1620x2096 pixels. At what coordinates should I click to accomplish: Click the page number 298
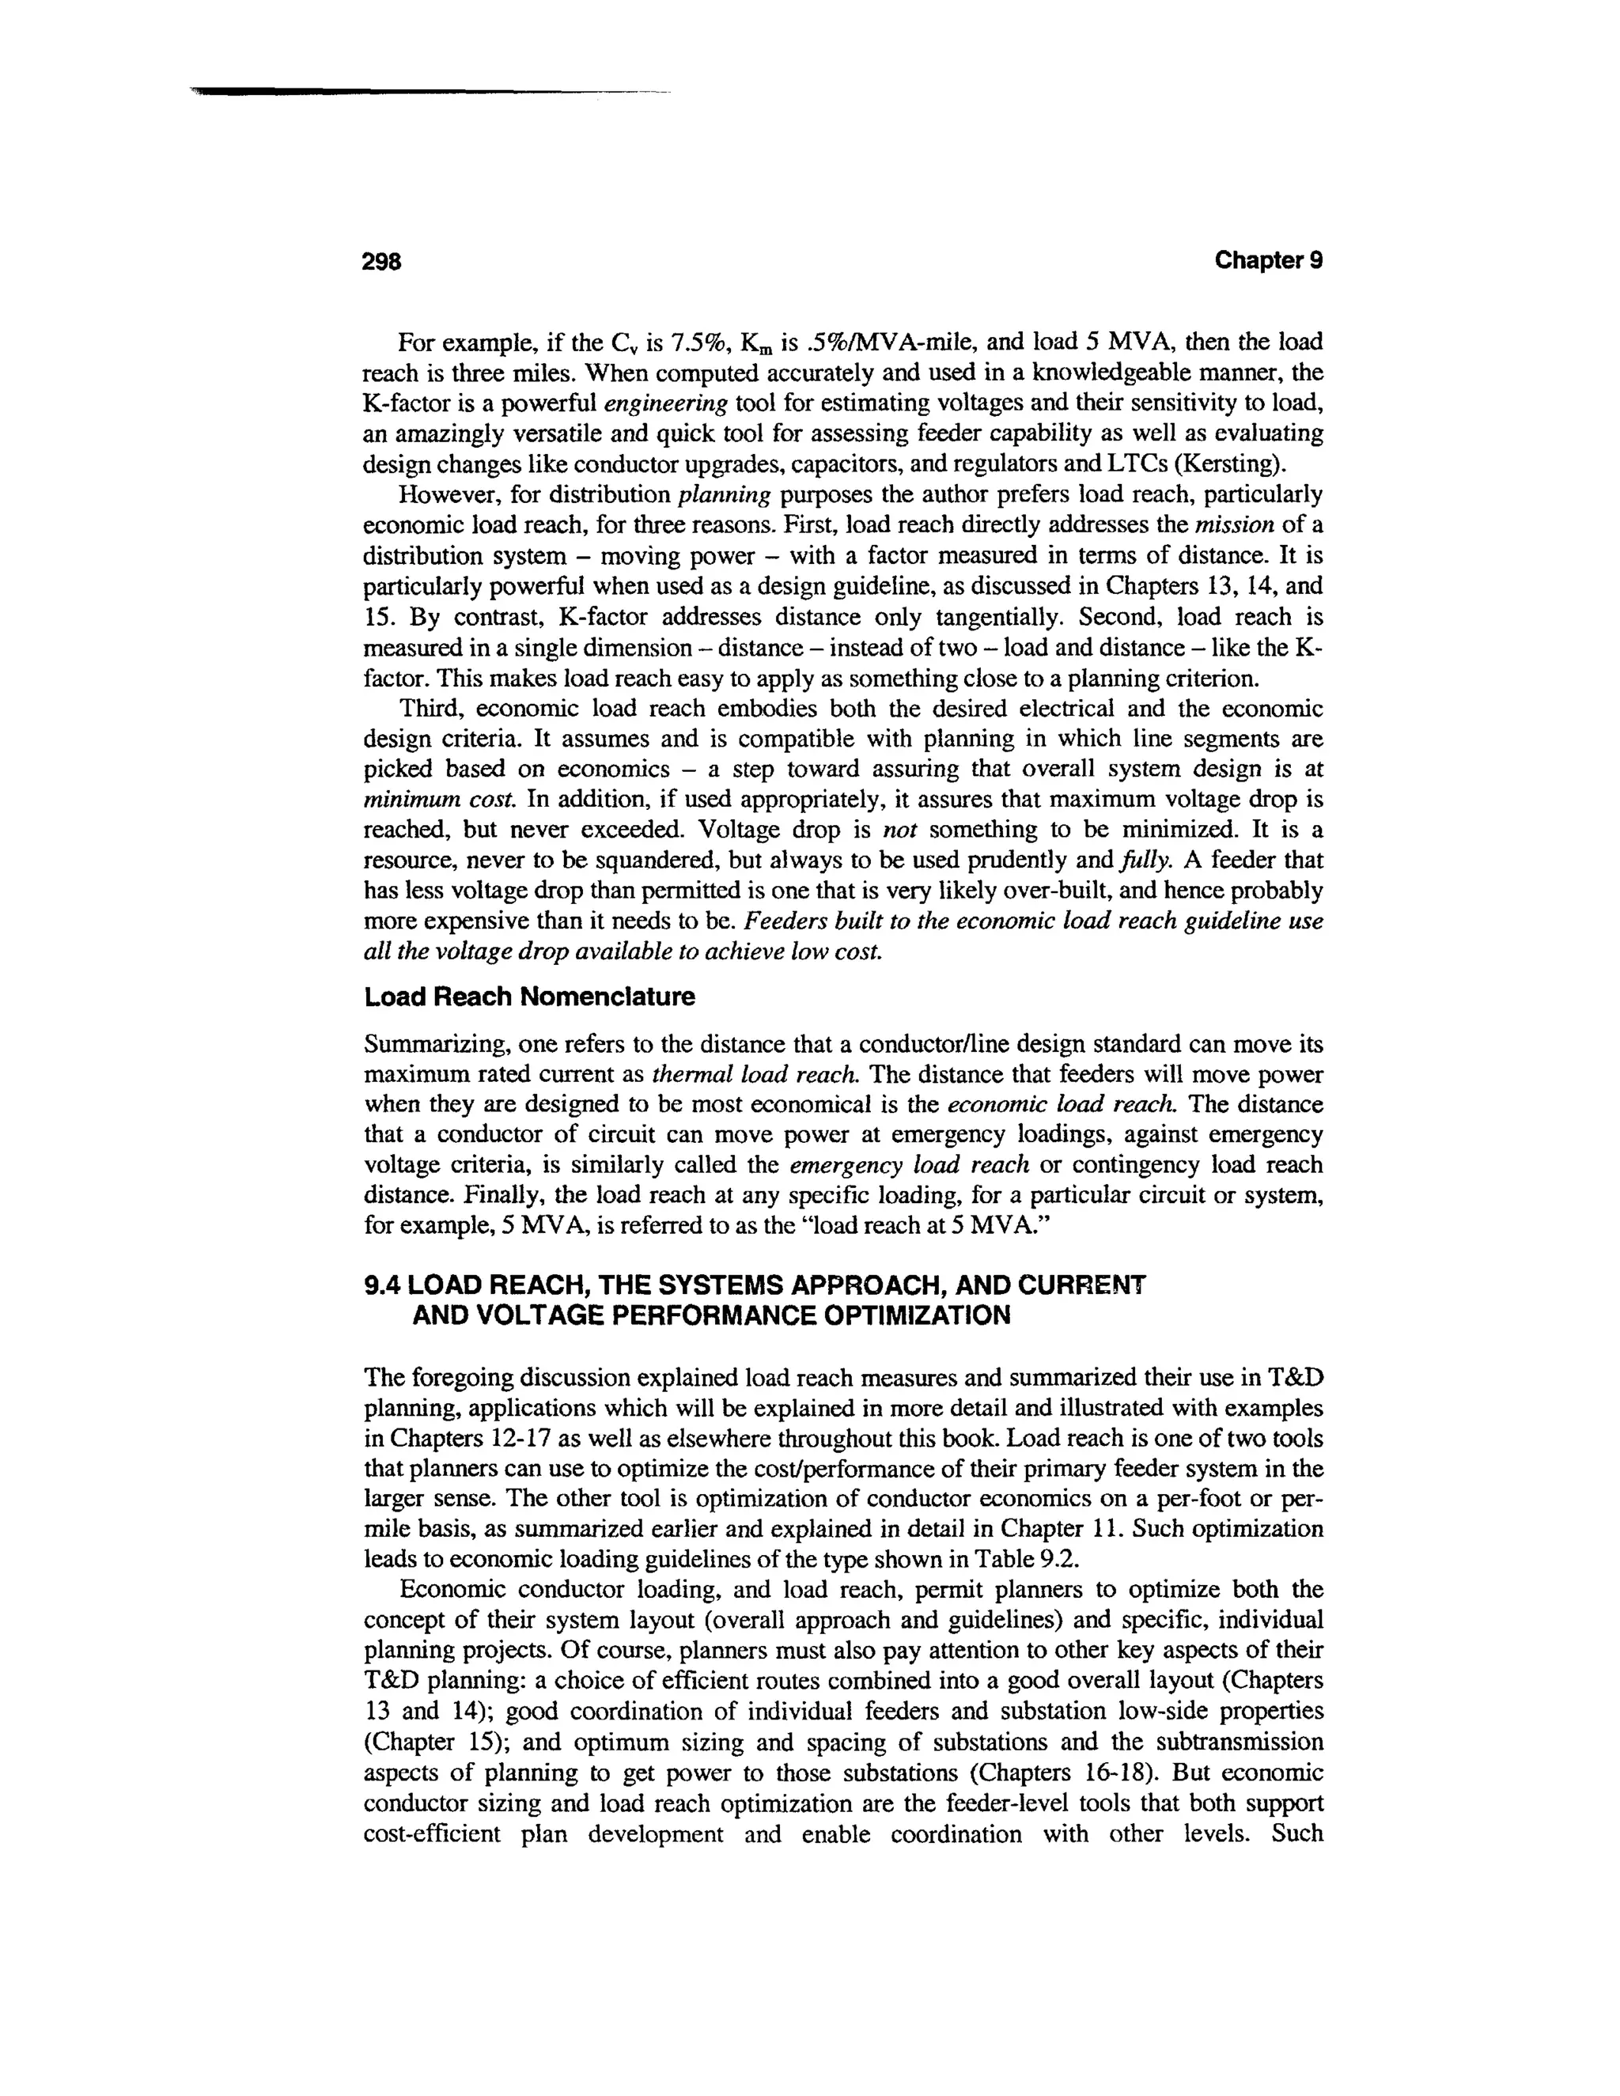(380, 261)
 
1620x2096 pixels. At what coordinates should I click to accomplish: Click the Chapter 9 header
(1268, 260)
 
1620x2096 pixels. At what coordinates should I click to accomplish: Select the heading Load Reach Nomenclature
(530, 997)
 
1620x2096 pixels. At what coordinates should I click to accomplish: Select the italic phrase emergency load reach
(909, 1165)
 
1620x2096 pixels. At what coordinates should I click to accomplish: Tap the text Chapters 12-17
(459, 1439)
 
